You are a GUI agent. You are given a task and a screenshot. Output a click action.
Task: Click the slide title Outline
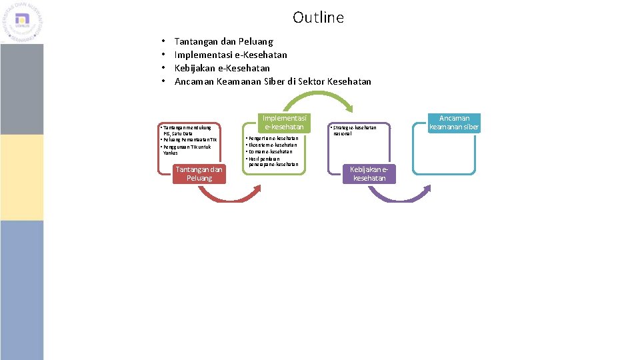318,17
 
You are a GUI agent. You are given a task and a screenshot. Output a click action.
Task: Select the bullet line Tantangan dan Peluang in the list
223,41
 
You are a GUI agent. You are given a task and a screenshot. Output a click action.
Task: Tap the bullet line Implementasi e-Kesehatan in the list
231,55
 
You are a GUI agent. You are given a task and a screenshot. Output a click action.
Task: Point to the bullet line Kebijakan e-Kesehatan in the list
222,68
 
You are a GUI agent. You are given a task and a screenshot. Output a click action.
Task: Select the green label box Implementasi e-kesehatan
284,122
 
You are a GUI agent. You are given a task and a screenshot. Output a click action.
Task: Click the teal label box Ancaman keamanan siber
454,123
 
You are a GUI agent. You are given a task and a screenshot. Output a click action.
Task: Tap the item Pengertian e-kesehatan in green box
271,138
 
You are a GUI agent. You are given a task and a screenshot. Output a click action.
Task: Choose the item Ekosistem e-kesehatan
271,145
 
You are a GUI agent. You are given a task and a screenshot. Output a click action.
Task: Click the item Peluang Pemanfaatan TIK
189,140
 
